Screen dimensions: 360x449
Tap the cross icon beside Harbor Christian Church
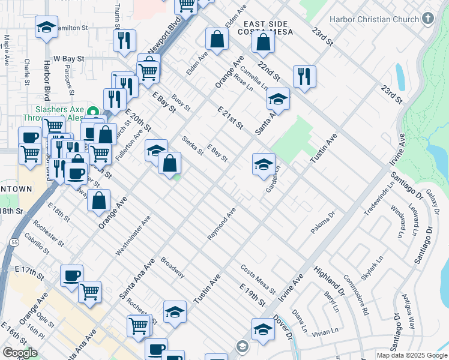click(x=427, y=18)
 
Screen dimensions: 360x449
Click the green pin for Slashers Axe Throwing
click(x=92, y=112)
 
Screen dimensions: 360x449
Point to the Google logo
click(x=20, y=353)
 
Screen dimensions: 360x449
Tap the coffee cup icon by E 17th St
click(x=72, y=275)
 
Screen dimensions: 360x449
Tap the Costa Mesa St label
click(x=258, y=279)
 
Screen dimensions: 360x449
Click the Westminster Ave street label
click(x=133, y=236)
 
